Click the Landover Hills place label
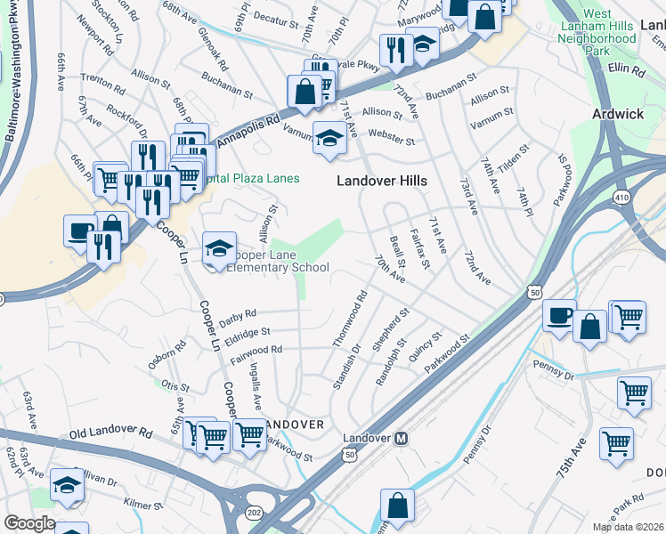[x=381, y=181]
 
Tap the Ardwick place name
[x=618, y=115]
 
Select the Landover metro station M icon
[x=402, y=439]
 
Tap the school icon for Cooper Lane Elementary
[x=219, y=248]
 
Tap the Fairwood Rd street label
[x=256, y=351]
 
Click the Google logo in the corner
[x=29, y=523]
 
